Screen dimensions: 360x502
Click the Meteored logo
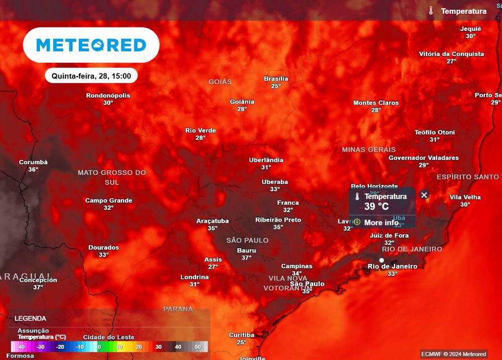click(x=91, y=45)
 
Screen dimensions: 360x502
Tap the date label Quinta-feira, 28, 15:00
click(x=91, y=76)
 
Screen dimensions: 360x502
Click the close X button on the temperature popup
click(x=424, y=195)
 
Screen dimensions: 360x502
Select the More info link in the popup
click(x=381, y=223)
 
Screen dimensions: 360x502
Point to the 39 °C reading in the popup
click(x=376, y=206)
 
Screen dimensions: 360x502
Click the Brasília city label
click(x=276, y=78)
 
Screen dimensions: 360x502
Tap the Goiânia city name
click(x=242, y=102)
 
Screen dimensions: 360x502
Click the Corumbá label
click(x=33, y=162)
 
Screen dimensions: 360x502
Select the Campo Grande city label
click(x=108, y=201)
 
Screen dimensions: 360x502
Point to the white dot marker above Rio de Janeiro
click(x=381, y=260)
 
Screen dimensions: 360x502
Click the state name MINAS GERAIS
click(x=369, y=150)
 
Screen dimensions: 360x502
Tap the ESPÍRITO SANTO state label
click(x=468, y=177)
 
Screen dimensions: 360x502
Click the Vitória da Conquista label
click(x=451, y=54)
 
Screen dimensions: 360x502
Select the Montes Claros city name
click(x=376, y=103)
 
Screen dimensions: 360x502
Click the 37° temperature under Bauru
click(x=246, y=257)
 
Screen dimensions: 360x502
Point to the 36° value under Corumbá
click(x=33, y=169)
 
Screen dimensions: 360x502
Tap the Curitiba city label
click(x=242, y=335)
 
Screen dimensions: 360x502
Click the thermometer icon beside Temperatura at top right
click(x=430, y=11)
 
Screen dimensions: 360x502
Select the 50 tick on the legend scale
click(x=198, y=347)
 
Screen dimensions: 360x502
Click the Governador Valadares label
click(x=424, y=158)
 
